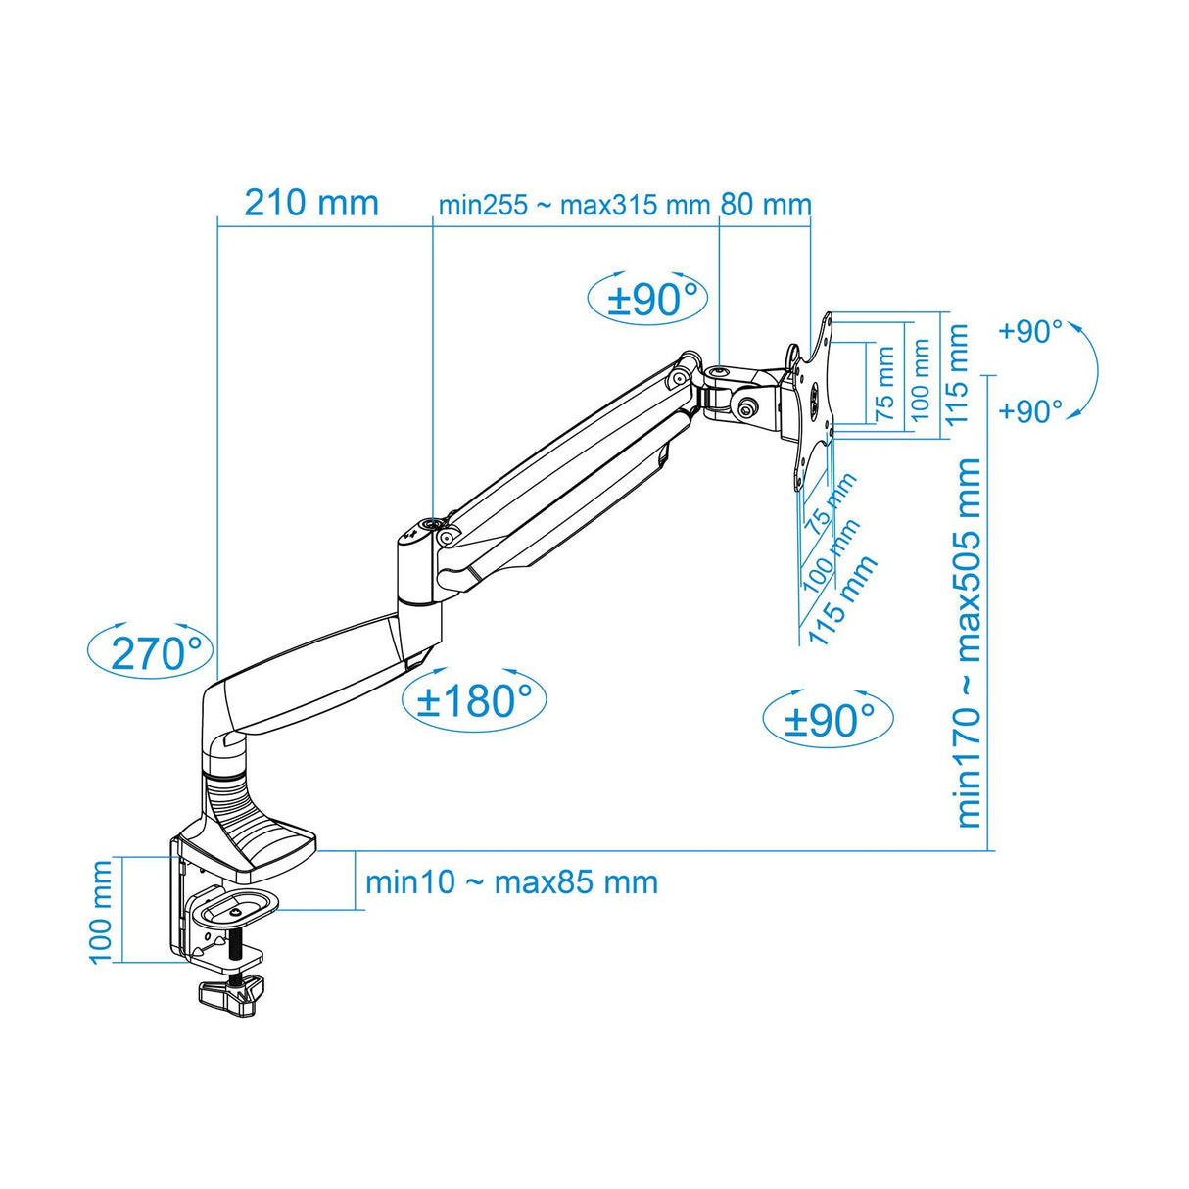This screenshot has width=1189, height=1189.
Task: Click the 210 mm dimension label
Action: pyautogui.click(x=310, y=203)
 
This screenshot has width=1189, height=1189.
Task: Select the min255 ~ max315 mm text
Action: pyautogui.click(x=574, y=206)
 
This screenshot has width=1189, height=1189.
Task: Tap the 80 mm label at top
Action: pyautogui.click(x=766, y=205)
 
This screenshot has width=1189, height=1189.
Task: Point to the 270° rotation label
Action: pyautogui.click(x=160, y=651)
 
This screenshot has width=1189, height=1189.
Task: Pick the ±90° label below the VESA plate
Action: pyautogui.click(x=829, y=720)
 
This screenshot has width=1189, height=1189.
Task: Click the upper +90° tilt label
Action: pyautogui.click(x=1029, y=332)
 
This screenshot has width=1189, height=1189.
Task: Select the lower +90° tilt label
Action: pyautogui.click(x=1029, y=410)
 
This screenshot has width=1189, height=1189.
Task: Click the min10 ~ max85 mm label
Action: pyautogui.click(x=511, y=881)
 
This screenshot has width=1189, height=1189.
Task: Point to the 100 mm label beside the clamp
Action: pyautogui.click(x=101, y=912)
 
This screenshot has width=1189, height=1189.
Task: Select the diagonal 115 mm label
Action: pyautogui.click(x=841, y=599)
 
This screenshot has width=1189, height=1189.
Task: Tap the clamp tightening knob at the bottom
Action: pyautogui.click(x=233, y=995)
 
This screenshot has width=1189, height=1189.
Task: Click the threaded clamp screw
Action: pyautogui.click(x=236, y=951)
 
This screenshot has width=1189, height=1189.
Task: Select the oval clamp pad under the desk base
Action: pyautogui.click(x=235, y=908)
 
